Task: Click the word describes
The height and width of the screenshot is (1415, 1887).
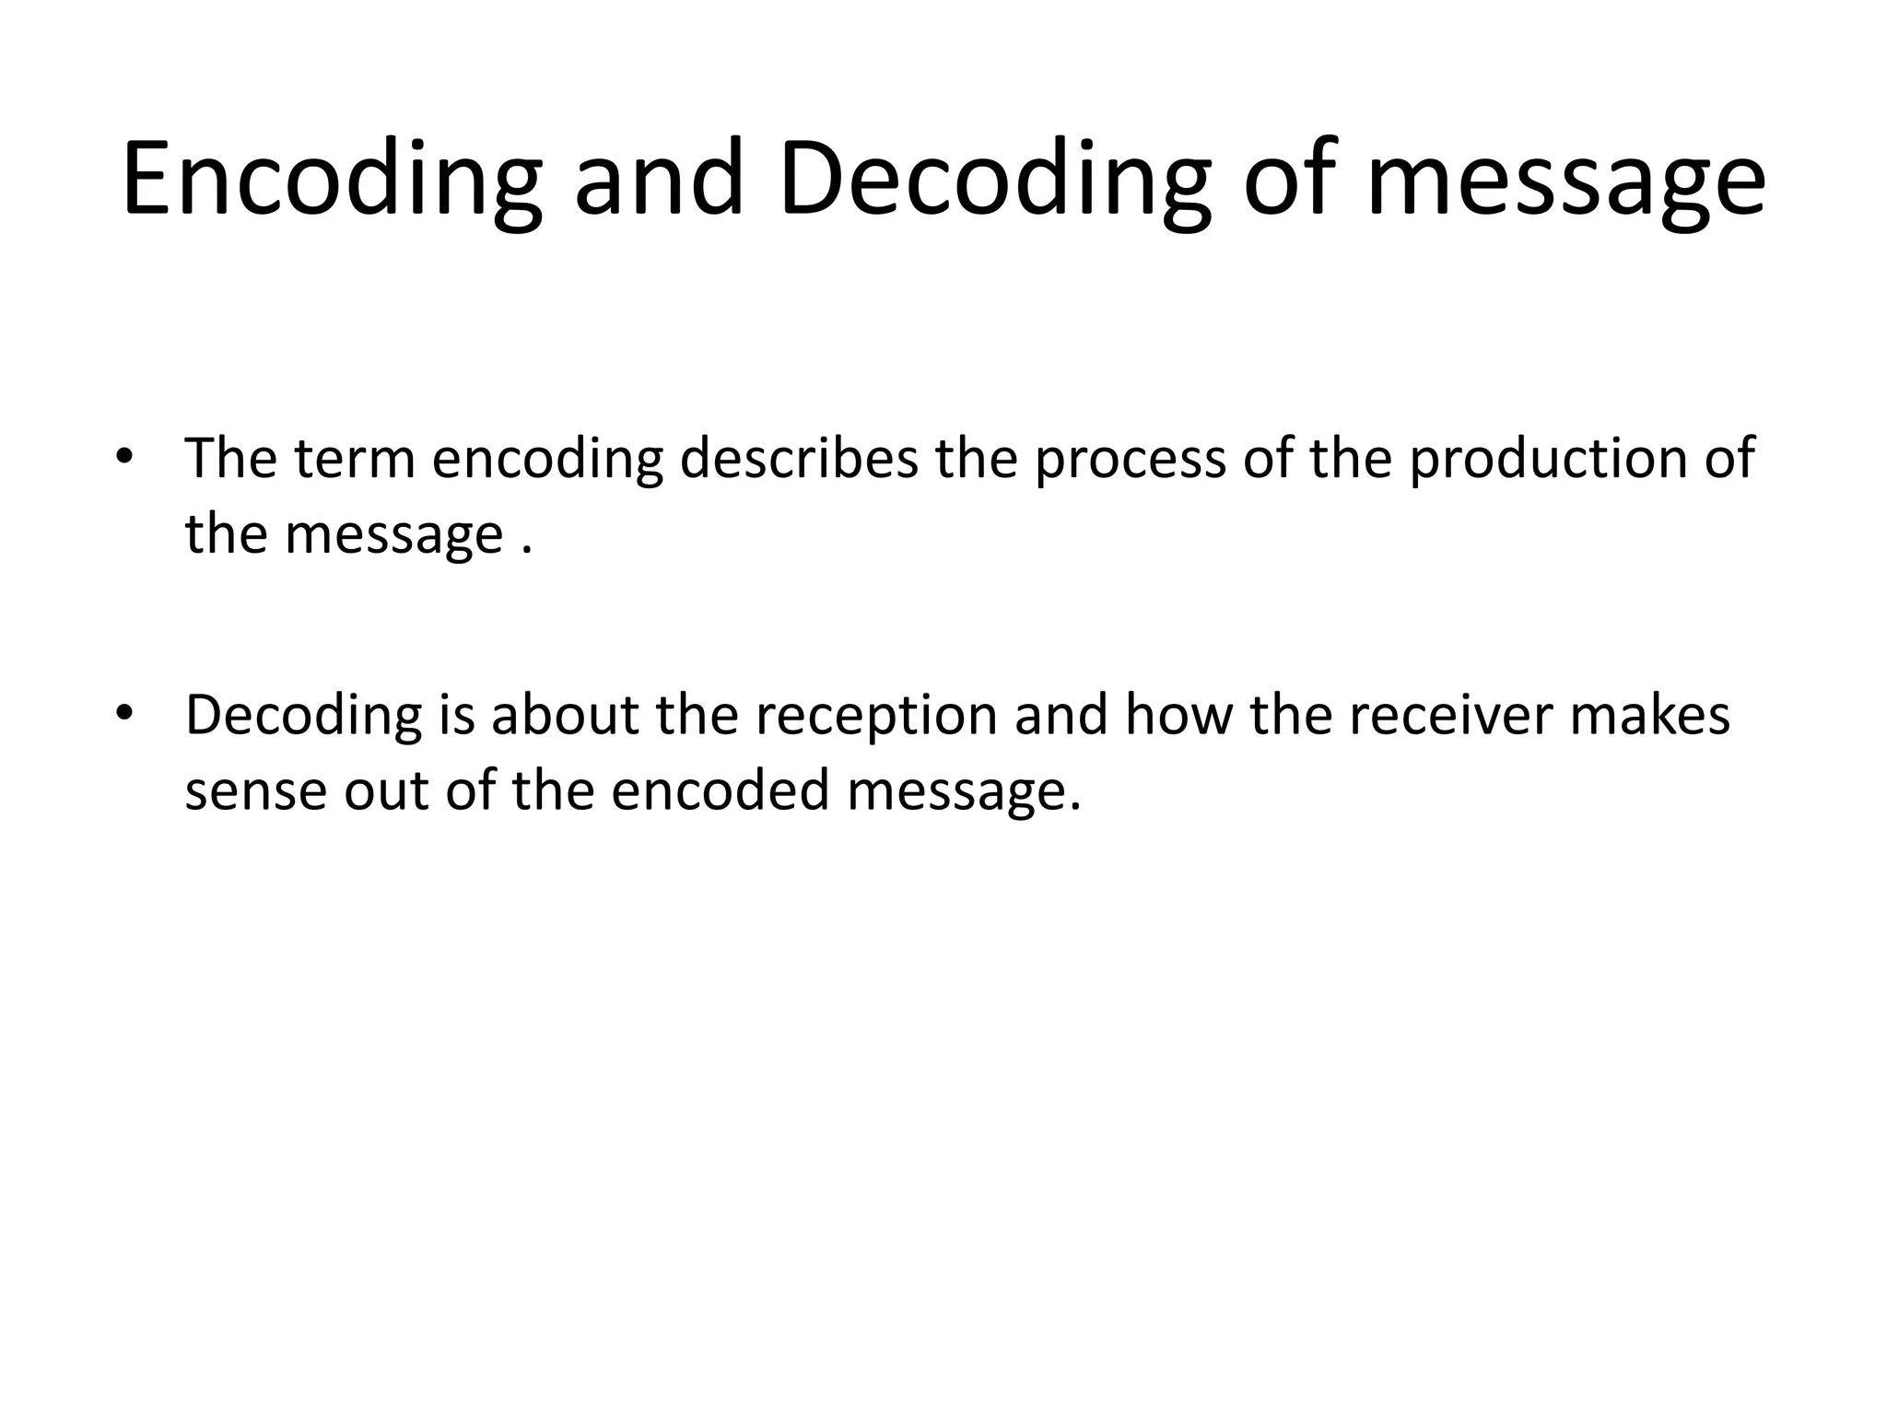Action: tap(799, 458)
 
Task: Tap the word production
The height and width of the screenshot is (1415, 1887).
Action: tap(1548, 458)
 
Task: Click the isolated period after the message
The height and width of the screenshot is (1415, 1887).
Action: tap(527, 549)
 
